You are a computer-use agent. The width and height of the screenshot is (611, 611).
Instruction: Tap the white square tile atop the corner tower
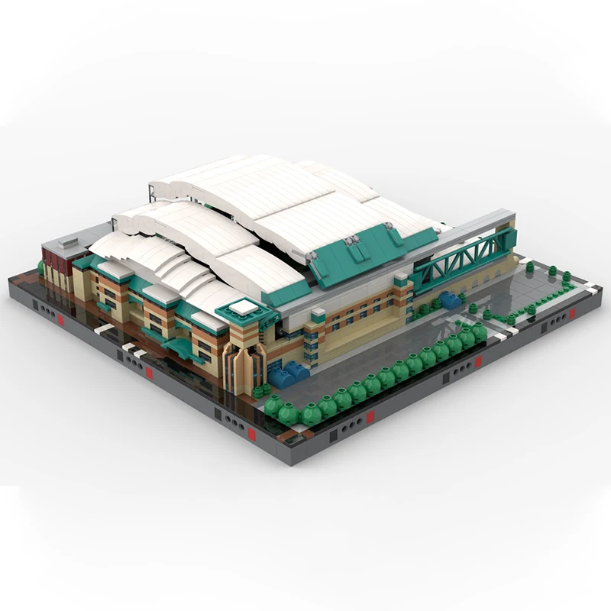click(x=244, y=307)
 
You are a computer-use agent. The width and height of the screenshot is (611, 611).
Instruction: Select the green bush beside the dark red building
click(x=40, y=267)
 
